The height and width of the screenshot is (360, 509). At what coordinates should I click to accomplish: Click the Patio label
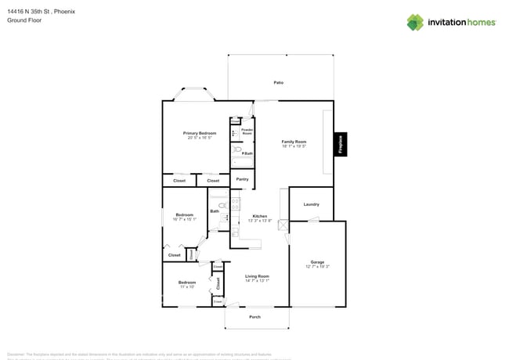pos(278,82)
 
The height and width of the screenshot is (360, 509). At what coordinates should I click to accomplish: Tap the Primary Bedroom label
pos(200,134)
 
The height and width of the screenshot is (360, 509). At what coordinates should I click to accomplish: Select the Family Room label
pos(294,142)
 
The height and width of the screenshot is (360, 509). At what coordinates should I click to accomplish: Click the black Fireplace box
pos(341,144)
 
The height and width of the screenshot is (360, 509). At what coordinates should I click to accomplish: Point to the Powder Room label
pos(247,131)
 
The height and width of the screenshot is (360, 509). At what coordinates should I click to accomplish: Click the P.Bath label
pos(246,153)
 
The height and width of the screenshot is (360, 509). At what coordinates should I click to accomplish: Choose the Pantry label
pos(242,179)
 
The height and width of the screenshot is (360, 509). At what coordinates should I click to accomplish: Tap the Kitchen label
pos(259,216)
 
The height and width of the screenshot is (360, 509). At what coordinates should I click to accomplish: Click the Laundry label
pos(311,204)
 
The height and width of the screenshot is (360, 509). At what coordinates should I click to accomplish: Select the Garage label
pos(317,262)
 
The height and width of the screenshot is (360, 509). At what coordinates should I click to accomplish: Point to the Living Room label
pos(257,276)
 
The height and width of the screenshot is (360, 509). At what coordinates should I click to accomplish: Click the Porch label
pos(254,317)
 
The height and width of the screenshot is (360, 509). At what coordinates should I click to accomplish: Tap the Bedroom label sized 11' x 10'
pos(186,283)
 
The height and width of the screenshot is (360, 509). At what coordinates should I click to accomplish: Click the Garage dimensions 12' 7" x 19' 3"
pos(317,267)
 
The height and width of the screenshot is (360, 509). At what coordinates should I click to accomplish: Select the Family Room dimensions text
pos(294,146)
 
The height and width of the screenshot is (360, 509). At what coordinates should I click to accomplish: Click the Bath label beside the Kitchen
pos(214,211)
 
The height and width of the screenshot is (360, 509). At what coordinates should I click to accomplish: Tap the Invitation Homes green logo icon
pos(414,23)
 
